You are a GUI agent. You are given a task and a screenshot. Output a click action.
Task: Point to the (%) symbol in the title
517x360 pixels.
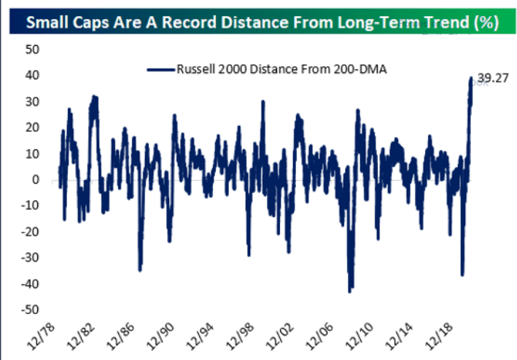(484, 21)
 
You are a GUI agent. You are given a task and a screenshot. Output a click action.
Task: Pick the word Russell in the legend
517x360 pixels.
(195, 69)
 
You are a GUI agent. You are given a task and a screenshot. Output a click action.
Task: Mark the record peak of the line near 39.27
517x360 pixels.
(471, 77)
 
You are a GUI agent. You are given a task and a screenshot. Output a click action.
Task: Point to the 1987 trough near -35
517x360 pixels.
(140, 269)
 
